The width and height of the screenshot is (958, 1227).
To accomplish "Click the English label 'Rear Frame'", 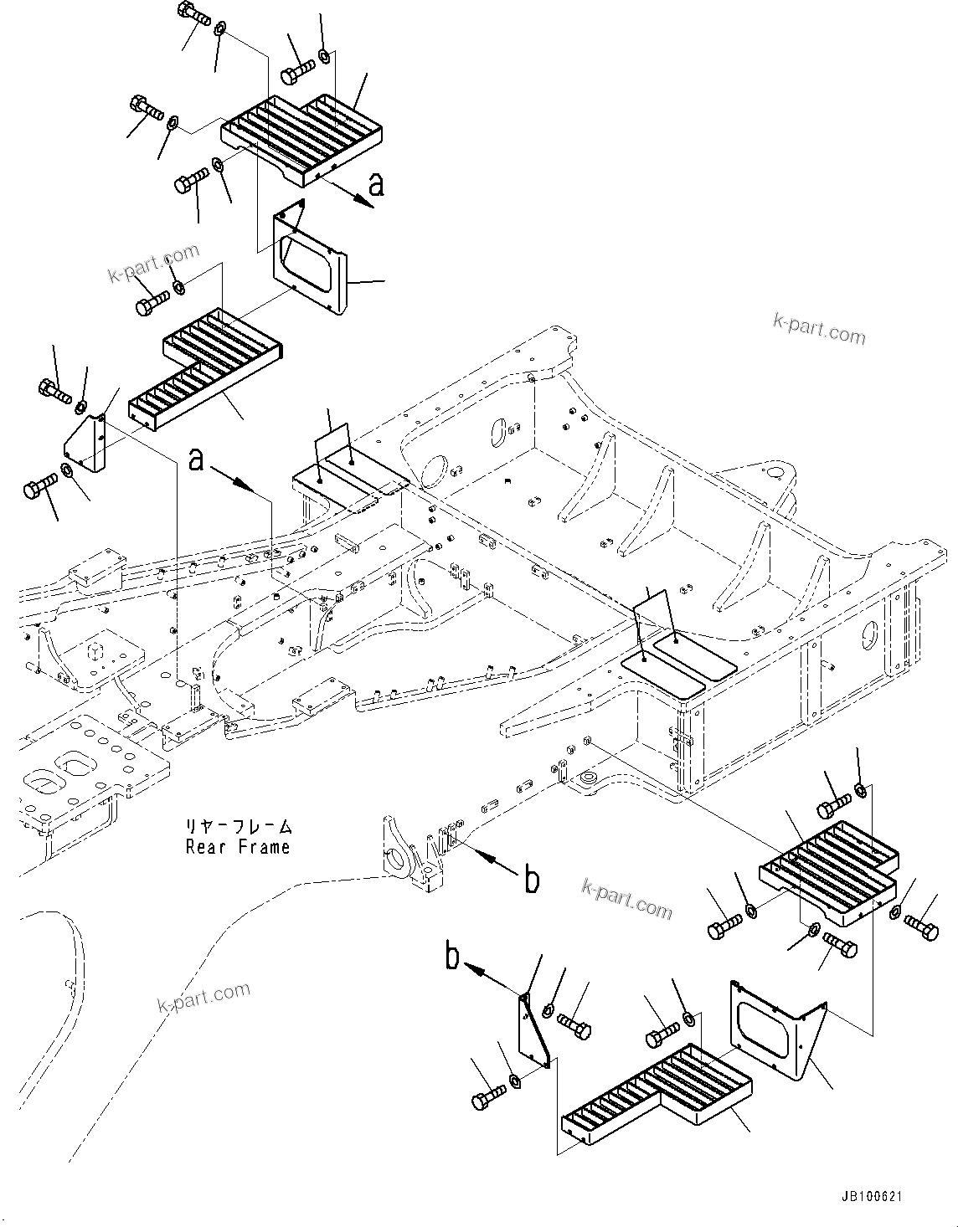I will [238, 847].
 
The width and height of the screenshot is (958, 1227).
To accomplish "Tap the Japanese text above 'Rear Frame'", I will [238, 827].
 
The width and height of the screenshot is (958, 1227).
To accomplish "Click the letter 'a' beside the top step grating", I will [376, 183].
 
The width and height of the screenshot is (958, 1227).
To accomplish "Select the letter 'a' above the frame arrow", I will [197, 459].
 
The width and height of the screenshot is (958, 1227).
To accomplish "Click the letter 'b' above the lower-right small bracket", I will [452, 957].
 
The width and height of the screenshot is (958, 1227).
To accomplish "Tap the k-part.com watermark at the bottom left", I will [203, 997].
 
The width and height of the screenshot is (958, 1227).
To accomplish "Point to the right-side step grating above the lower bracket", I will [829, 873].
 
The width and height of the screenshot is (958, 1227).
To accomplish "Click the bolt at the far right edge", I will [922, 925].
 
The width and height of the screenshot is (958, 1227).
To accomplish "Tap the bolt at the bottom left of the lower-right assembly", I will [489, 1096].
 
